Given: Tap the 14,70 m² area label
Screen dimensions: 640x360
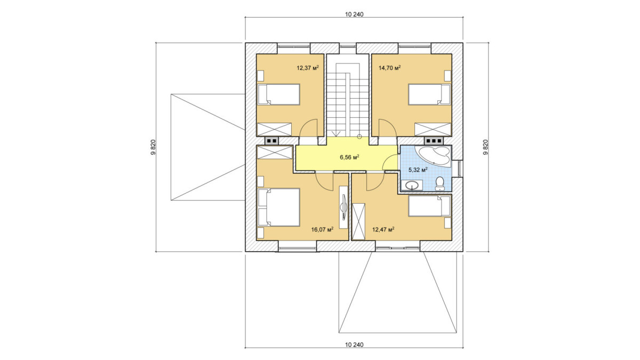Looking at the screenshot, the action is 389,68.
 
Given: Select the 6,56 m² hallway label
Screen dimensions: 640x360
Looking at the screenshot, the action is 349,157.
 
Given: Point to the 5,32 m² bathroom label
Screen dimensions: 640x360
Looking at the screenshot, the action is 418,170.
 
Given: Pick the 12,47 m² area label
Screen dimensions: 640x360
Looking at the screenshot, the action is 383,229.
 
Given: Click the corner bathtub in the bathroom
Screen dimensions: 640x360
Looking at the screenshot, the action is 434,156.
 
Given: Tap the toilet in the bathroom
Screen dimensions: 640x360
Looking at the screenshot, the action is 439,183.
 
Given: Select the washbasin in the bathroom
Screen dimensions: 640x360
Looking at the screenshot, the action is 412,185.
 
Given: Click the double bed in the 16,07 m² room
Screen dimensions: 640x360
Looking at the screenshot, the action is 278,207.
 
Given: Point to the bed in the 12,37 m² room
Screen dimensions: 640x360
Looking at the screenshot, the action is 278,94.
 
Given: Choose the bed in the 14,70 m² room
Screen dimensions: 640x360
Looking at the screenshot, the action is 429,94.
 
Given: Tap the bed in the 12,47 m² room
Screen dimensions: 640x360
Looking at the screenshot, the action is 429,206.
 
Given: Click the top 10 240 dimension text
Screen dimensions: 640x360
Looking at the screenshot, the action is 354,14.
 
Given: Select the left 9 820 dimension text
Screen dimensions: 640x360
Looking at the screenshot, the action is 153,147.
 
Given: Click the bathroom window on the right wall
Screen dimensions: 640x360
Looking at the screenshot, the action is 459,169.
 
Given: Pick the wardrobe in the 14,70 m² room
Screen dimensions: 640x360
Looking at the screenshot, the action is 433,130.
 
